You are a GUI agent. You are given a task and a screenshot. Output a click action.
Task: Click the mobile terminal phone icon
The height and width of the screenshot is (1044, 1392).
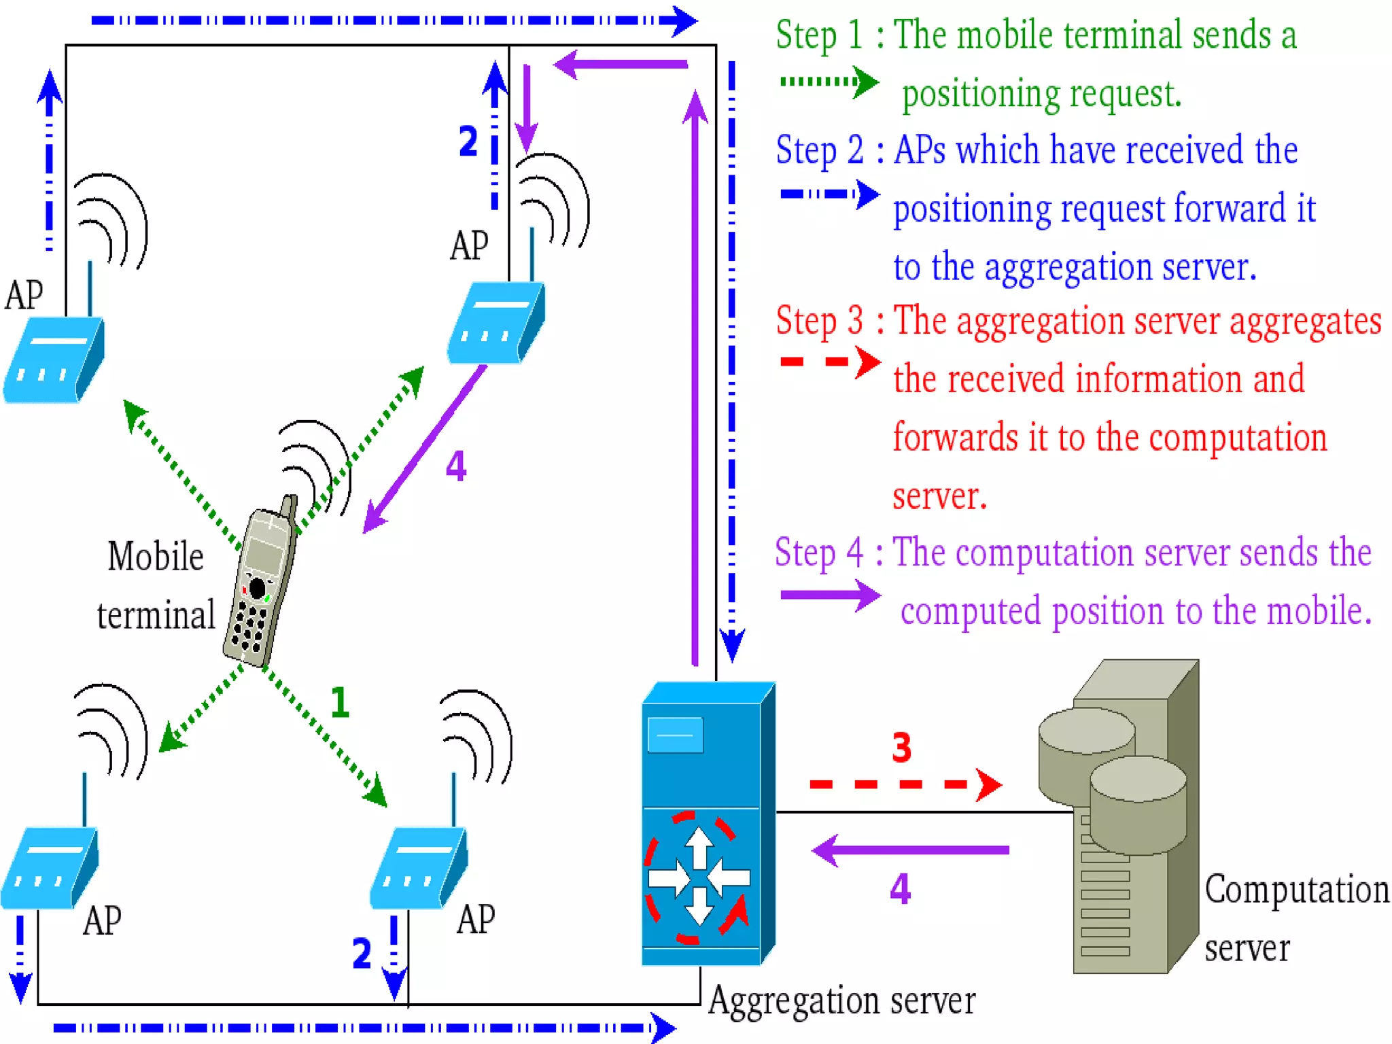pyautogui.click(x=262, y=585)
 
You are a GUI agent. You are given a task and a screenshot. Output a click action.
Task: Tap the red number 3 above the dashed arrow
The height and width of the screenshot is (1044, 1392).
pyautogui.click(x=901, y=748)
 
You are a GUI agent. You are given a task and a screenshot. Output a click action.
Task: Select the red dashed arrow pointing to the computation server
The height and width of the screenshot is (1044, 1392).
pyautogui.click(x=904, y=784)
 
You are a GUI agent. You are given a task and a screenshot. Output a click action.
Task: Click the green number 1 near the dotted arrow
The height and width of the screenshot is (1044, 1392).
pyautogui.click(x=340, y=702)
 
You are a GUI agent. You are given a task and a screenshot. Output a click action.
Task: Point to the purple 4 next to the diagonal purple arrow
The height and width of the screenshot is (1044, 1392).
pyautogui.click(x=456, y=466)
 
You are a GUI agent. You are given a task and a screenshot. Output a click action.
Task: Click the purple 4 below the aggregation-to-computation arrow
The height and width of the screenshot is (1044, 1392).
pyautogui.click(x=900, y=888)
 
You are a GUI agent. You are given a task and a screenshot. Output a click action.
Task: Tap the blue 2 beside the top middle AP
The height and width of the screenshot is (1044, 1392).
pyautogui.click(x=468, y=141)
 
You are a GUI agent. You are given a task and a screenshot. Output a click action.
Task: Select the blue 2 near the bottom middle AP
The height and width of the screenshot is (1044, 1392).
pyautogui.click(x=362, y=953)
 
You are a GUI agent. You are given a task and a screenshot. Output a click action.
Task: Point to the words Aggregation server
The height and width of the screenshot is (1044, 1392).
pyautogui.click(x=841, y=1000)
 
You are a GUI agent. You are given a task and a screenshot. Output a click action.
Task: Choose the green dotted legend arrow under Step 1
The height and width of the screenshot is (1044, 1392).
pyautogui.click(x=829, y=82)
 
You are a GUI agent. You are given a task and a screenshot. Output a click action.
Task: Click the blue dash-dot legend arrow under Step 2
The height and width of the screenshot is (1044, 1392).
pyautogui.click(x=829, y=194)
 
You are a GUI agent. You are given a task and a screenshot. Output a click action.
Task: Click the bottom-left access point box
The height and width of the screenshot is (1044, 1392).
pyautogui.click(x=49, y=869)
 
